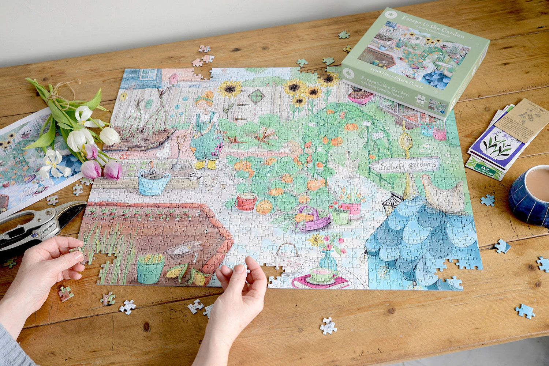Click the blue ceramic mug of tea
tap(529, 196)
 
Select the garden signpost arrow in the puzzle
tap(404, 165)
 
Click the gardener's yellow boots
tap(206, 165)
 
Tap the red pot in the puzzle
tap(246, 202)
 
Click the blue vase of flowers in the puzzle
tap(328, 260)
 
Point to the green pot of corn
tap(150, 270)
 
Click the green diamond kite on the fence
tap(256, 96)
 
